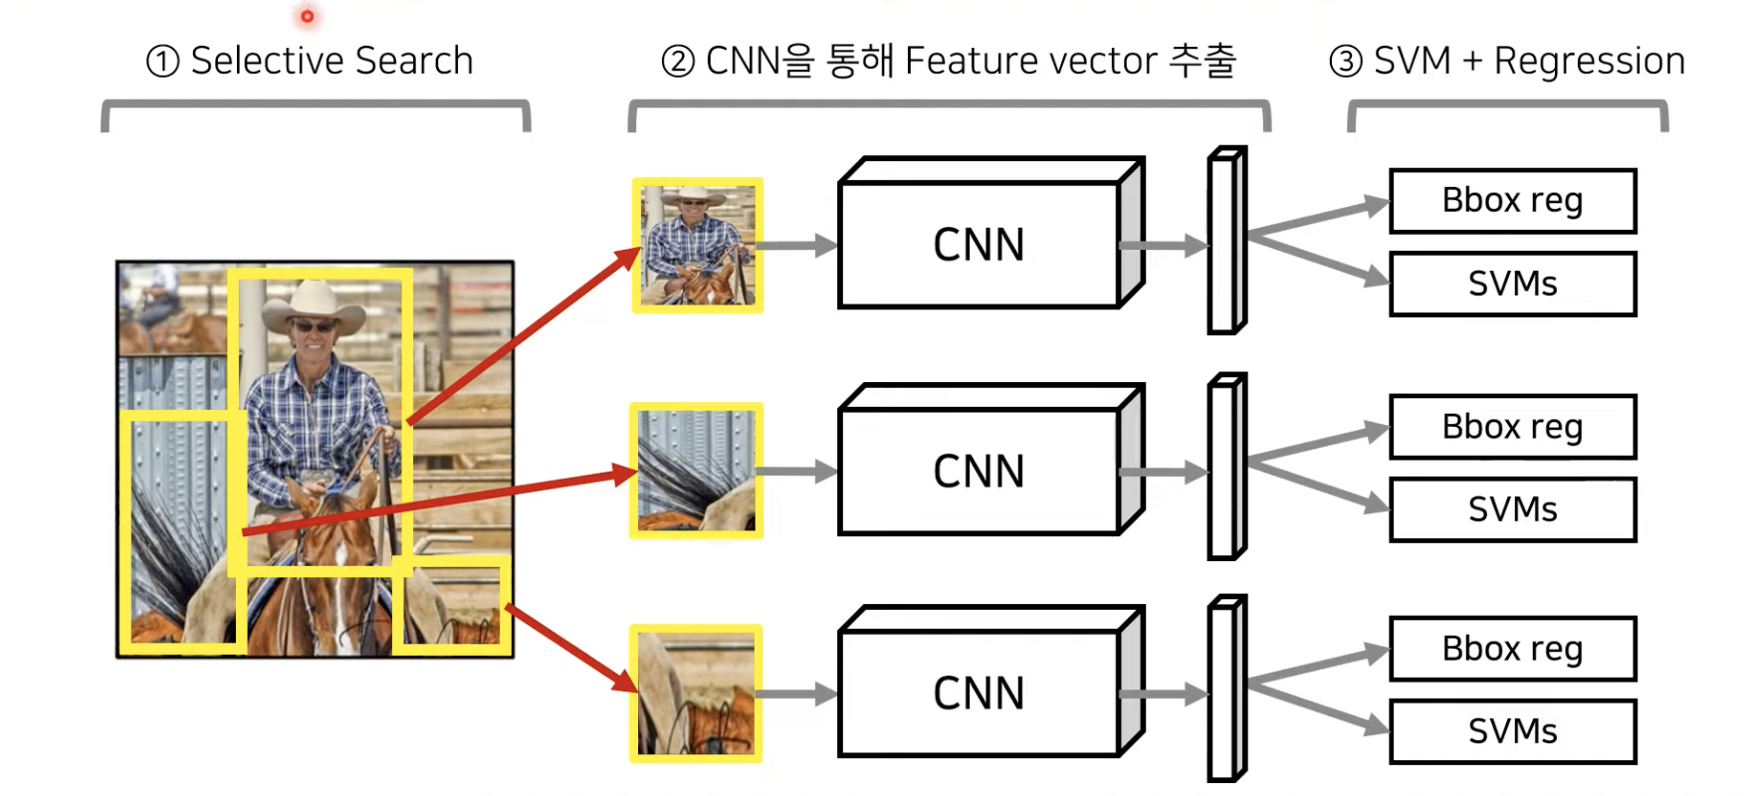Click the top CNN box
980,245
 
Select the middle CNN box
980,472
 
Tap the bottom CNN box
980,694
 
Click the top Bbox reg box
1512,201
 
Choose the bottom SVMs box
1512,731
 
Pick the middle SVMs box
1512,509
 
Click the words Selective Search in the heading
331,62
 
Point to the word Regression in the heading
1589,62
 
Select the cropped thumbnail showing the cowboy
698,245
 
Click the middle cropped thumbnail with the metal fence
697,471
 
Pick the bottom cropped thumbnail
697,694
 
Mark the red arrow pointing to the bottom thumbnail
571,647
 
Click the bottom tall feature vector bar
1225,690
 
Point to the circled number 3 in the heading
1345,62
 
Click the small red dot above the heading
307,16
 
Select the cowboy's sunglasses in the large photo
312,326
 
